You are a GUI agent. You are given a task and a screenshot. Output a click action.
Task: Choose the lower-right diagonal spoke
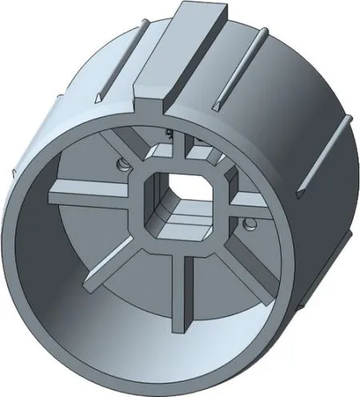coord(245,273)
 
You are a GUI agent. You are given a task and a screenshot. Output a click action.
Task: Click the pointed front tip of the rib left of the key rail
coord(98,98)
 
